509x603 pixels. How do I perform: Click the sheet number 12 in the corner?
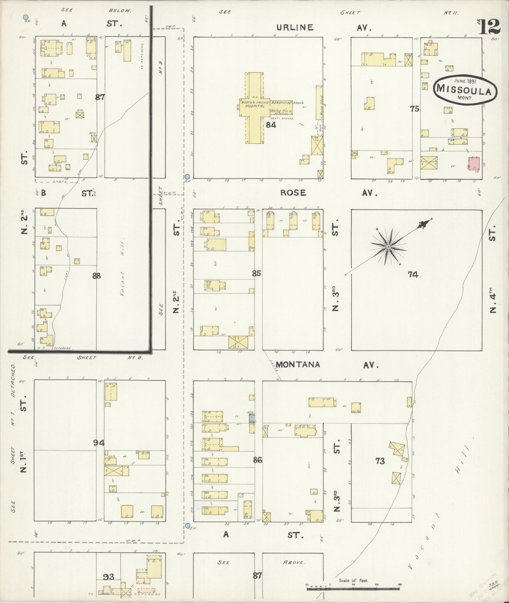[x=490, y=26]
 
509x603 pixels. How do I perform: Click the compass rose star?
[x=388, y=247]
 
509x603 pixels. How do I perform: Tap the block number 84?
[x=271, y=125]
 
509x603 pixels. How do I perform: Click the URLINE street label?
[x=294, y=27]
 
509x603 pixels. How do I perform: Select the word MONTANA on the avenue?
[x=298, y=364]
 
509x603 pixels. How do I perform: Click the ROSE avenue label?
[x=293, y=193]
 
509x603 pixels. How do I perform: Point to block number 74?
[x=413, y=274]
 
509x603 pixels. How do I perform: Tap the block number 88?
[x=96, y=276]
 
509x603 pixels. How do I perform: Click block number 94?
[x=99, y=443]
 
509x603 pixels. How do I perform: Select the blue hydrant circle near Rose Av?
[x=187, y=177]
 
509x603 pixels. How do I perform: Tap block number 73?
[x=380, y=461]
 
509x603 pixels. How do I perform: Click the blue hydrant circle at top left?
[x=25, y=17]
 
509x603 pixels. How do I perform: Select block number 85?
[x=256, y=273]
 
